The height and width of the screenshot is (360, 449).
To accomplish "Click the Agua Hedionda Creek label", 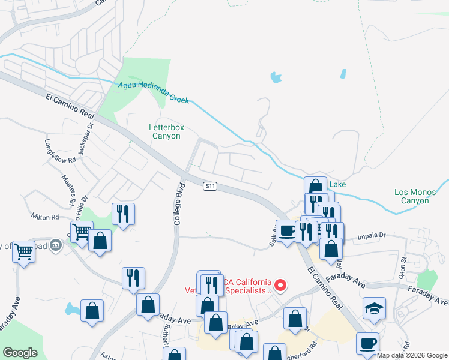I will tap(154, 93).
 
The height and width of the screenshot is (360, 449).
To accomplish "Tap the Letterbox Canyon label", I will tap(164, 131).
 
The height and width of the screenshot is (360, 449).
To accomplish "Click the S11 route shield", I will tap(209, 187).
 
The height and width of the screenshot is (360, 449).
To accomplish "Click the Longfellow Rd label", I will tap(61, 151).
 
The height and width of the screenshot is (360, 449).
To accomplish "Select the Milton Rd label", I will tap(46, 217).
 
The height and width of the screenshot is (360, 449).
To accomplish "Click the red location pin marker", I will tap(280, 284).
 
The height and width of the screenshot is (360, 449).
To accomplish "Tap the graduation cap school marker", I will tap(375, 308).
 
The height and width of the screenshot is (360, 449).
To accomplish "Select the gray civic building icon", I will tap(55, 245).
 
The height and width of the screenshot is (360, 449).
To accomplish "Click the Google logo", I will tap(20, 353).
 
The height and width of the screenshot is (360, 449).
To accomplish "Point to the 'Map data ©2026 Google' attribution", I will tap(412, 355).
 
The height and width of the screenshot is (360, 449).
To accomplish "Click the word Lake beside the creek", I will tap(337, 184).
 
